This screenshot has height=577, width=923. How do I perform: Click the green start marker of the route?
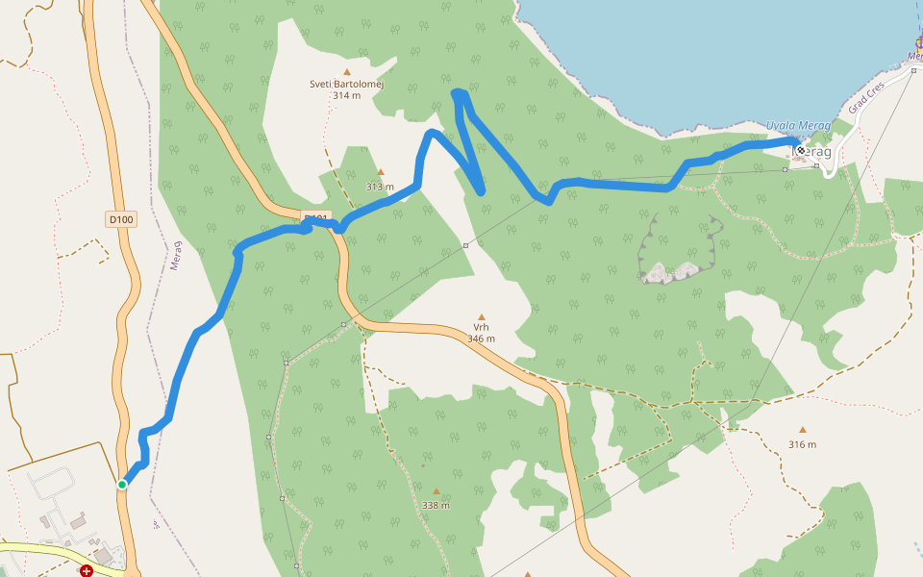(x=122, y=484)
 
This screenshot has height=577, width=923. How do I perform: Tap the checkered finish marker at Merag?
(x=800, y=150)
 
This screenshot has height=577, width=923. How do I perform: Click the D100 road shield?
(x=121, y=219)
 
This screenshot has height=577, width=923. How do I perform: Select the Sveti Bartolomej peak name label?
(x=346, y=84)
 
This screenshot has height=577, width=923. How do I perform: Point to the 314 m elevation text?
(x=346, y=95)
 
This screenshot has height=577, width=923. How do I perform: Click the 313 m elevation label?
(x=381, y=187)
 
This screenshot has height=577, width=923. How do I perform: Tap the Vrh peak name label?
(x=481, y=327)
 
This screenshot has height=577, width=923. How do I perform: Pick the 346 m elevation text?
(x=481, y=339)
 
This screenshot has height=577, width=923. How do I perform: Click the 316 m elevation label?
(x=802, y=444)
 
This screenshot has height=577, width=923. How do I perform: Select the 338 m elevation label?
(x=436, y=505)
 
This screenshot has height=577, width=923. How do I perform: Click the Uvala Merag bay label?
(x=798, y=125)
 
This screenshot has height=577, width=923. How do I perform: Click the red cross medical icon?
(x=87, y=570)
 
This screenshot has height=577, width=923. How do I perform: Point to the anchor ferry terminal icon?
(x=918, y=43)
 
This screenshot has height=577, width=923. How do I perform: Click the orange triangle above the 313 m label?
(x=381, y=173)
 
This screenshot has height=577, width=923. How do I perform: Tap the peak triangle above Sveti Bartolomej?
(x=346, y=71)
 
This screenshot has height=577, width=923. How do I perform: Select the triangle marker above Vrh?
(x=481, y=315)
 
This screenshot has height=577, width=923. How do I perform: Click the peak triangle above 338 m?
(x=436, y=491)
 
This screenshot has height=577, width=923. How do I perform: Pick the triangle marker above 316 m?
(x=802, y=430)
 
